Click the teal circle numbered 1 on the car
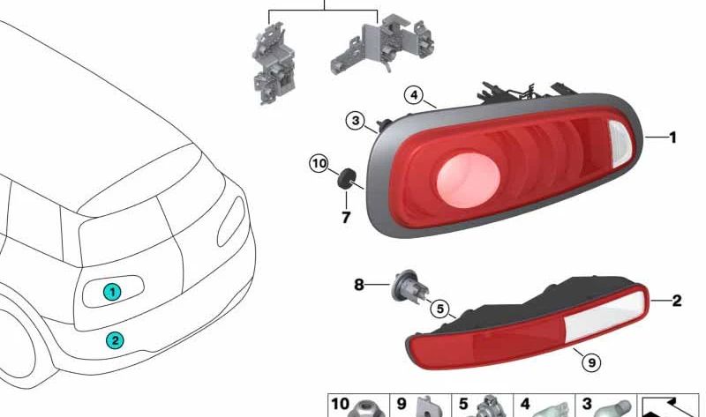(x=112, y=292)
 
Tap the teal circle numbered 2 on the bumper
(x=115, y=340)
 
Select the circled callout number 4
(x=414, y=95)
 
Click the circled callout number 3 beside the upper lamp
(x=356, y=121)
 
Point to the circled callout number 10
(x=319, y=163)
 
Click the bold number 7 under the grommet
(x=346, y=218)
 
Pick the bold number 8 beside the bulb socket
(x=358, y=285)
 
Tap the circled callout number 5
(x=439, y=309)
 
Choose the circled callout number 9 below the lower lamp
(x=591, y=361)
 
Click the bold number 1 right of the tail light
(x=672, y=138)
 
